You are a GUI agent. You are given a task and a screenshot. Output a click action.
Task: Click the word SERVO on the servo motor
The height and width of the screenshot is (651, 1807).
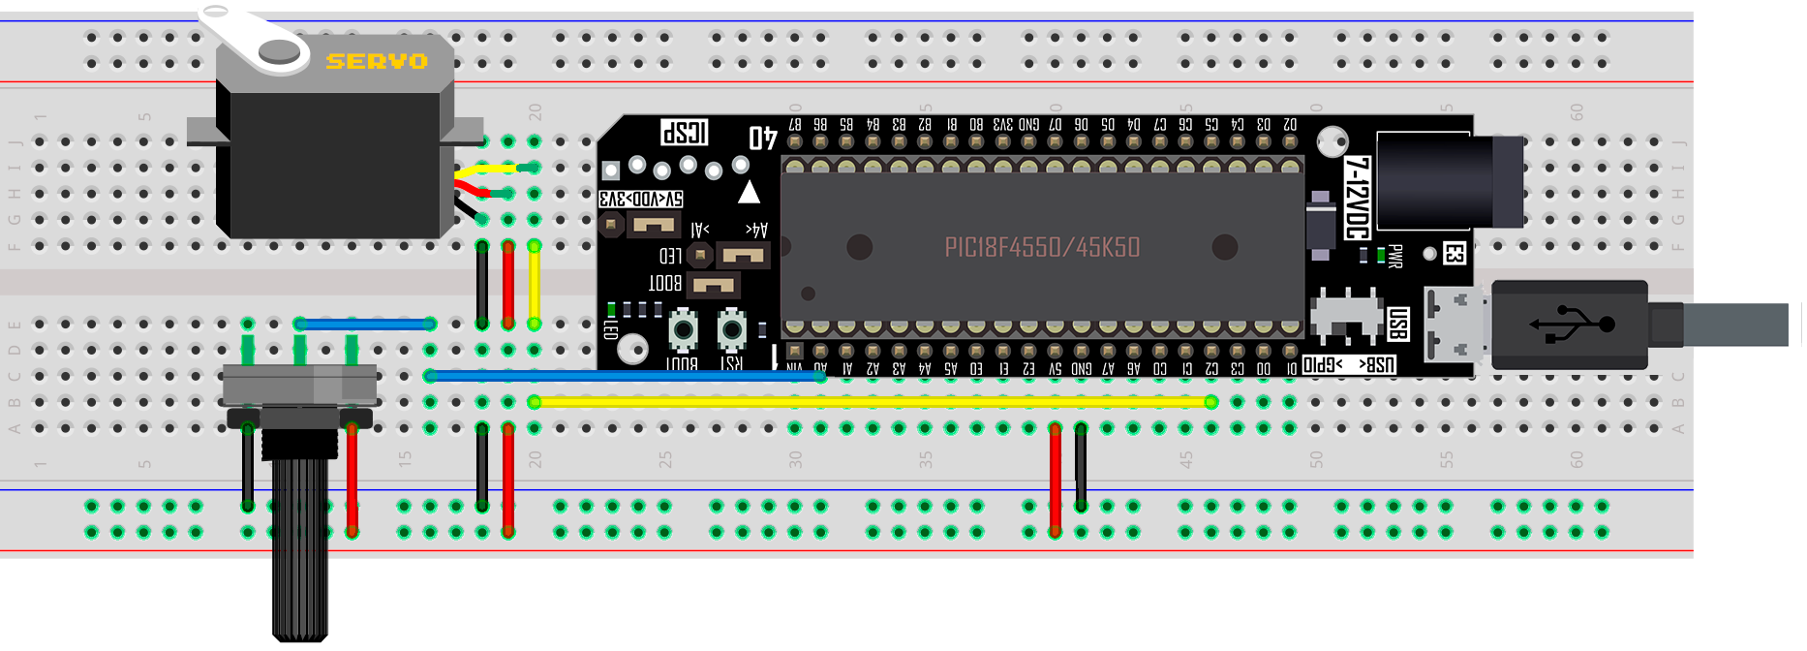coord(377,62)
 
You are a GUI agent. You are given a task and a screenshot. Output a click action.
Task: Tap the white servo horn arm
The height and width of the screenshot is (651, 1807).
coord(254,38)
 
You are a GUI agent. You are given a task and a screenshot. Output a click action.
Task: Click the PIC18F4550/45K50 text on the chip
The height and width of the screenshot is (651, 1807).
coord(1042,247)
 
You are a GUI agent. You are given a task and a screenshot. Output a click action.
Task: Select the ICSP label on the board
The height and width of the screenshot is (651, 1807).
coord(685,132)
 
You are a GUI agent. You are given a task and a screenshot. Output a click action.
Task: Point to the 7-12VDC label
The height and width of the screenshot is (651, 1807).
coord(1358,198)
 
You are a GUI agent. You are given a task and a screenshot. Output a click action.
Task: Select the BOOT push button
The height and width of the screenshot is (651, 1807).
coord(684,330)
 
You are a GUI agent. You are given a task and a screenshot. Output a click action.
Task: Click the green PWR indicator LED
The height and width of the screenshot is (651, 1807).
coord(1381,256)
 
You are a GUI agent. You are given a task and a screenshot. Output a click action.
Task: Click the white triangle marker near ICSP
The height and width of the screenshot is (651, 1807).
coord(749,192)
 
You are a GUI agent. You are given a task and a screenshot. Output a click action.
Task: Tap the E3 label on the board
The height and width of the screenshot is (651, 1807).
coord(1454,254)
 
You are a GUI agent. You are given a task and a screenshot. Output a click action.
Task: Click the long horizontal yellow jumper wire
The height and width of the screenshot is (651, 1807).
coord(872,402)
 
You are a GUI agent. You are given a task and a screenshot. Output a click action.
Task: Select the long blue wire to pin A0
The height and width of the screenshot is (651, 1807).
coord(625,376)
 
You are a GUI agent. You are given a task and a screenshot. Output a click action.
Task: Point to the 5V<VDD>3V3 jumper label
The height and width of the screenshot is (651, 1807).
coord(641,199)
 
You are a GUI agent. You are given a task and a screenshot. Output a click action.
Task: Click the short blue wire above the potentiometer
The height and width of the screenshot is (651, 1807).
coord(365,325)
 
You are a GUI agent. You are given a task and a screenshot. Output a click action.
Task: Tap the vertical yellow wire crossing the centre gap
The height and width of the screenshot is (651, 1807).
coord(534,286)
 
